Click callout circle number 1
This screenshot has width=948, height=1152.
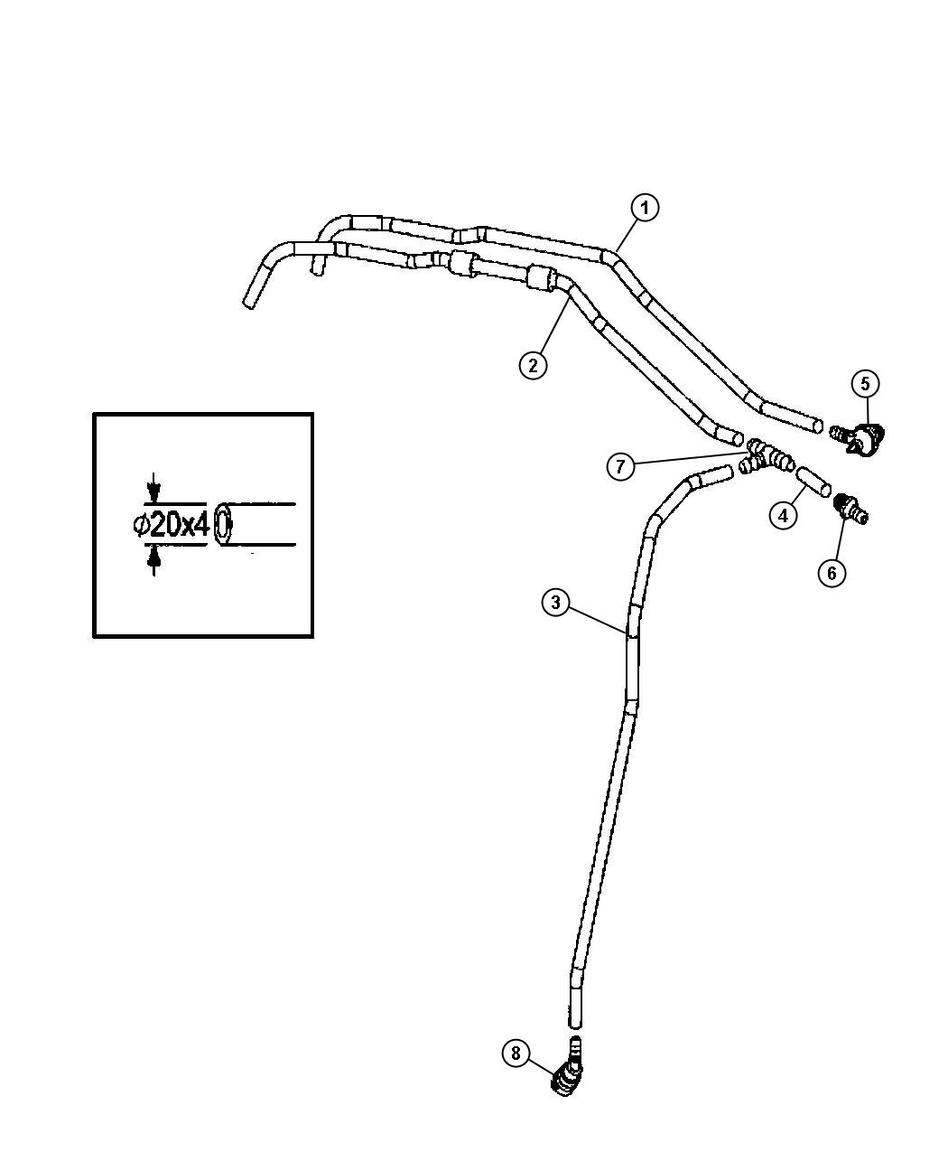click(x=644, y=208)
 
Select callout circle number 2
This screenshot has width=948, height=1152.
click(x=533, y=365)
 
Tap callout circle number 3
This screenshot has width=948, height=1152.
click(x=555, y=603)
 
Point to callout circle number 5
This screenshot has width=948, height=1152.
click(x=865, y=383)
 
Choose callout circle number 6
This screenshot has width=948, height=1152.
click(x=832, y=573)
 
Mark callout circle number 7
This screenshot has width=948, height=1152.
click(x=620, y=466)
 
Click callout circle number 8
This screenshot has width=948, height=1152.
click(x=516, y=1054)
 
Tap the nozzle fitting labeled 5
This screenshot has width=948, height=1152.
click(x=860, y=439)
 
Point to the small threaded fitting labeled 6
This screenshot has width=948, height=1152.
click(x=851, y=509)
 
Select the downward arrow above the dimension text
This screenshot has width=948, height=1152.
click(x=154, y=488)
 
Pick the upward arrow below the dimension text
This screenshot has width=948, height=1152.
click(x=154, y=560)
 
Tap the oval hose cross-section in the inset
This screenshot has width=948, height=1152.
click(x=222, y=524)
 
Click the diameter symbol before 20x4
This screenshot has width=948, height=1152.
click(x=141, y=525)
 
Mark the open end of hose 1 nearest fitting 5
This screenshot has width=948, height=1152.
click(x=818, y=426)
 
